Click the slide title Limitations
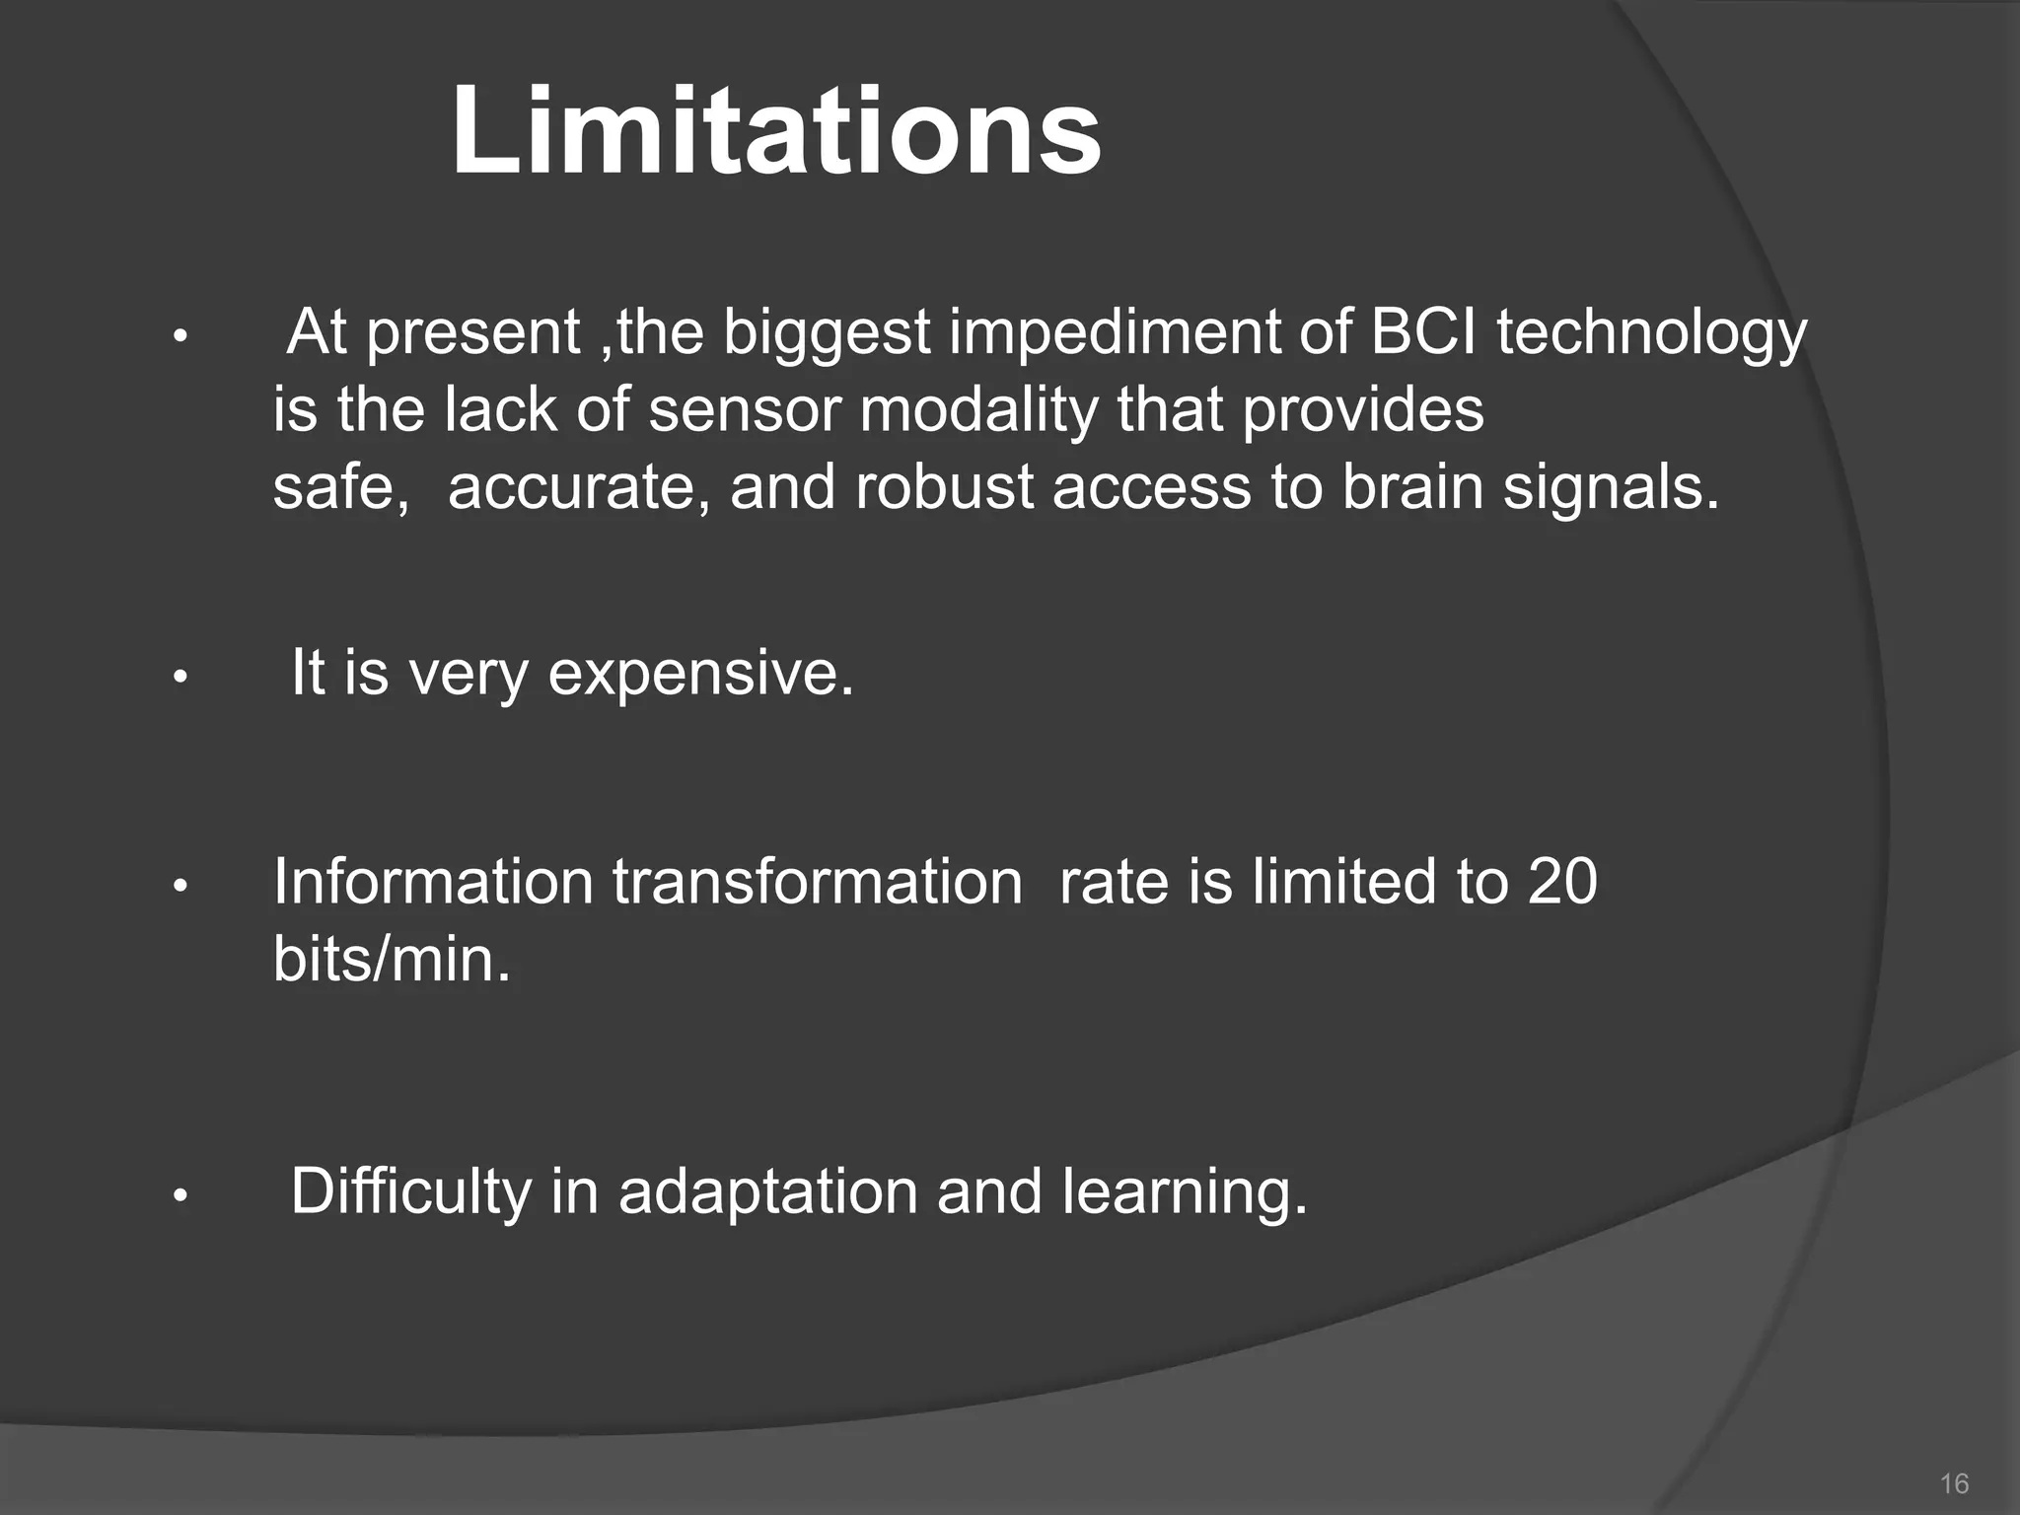[x=775, y=131]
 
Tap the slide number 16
[x=1953, y=1483]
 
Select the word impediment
[x=1114, y=333]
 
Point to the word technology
[x=1652, y=333]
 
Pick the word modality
[x=977, y=410]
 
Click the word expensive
[x=700, y=675]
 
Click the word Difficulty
[x=410, y=1191]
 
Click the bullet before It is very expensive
[x=180, y=679]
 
